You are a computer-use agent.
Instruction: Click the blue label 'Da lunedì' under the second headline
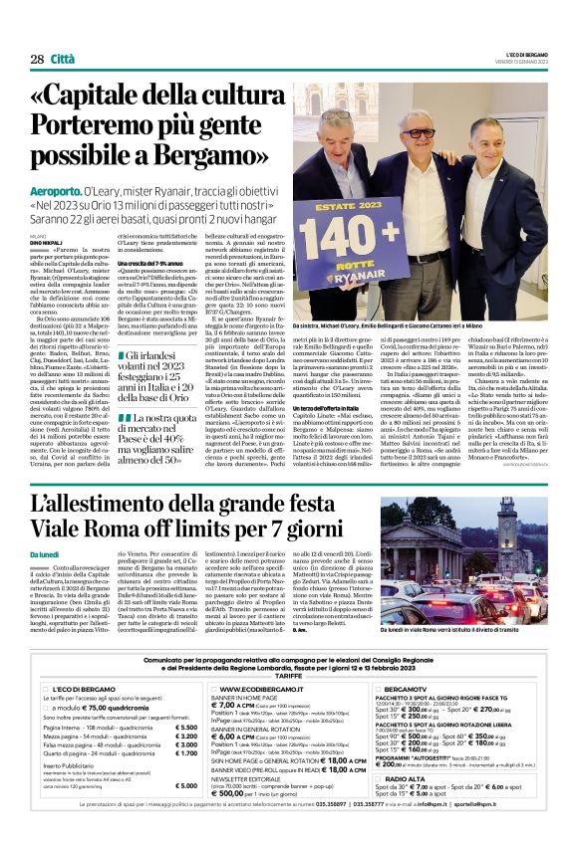46,553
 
